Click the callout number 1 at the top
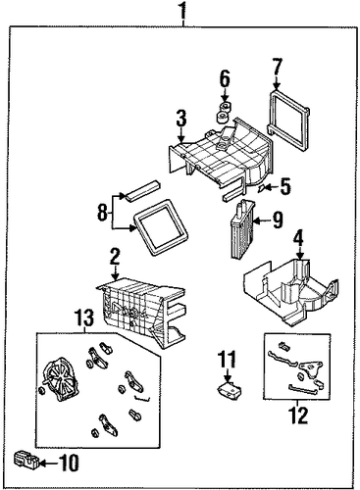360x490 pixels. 183,11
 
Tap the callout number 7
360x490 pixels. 277,68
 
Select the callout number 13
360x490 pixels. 84,318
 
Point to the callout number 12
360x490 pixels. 298,415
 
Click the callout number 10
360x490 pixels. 68,463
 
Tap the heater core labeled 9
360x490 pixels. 242,228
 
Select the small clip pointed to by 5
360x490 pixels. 262,188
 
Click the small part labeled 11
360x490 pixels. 230,389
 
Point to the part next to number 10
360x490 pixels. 26,460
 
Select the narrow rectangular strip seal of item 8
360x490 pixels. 143,190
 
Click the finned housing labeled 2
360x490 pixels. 141,311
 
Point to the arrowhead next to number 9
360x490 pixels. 257,221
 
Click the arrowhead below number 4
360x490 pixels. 300,256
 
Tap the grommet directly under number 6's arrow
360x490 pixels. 225,107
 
